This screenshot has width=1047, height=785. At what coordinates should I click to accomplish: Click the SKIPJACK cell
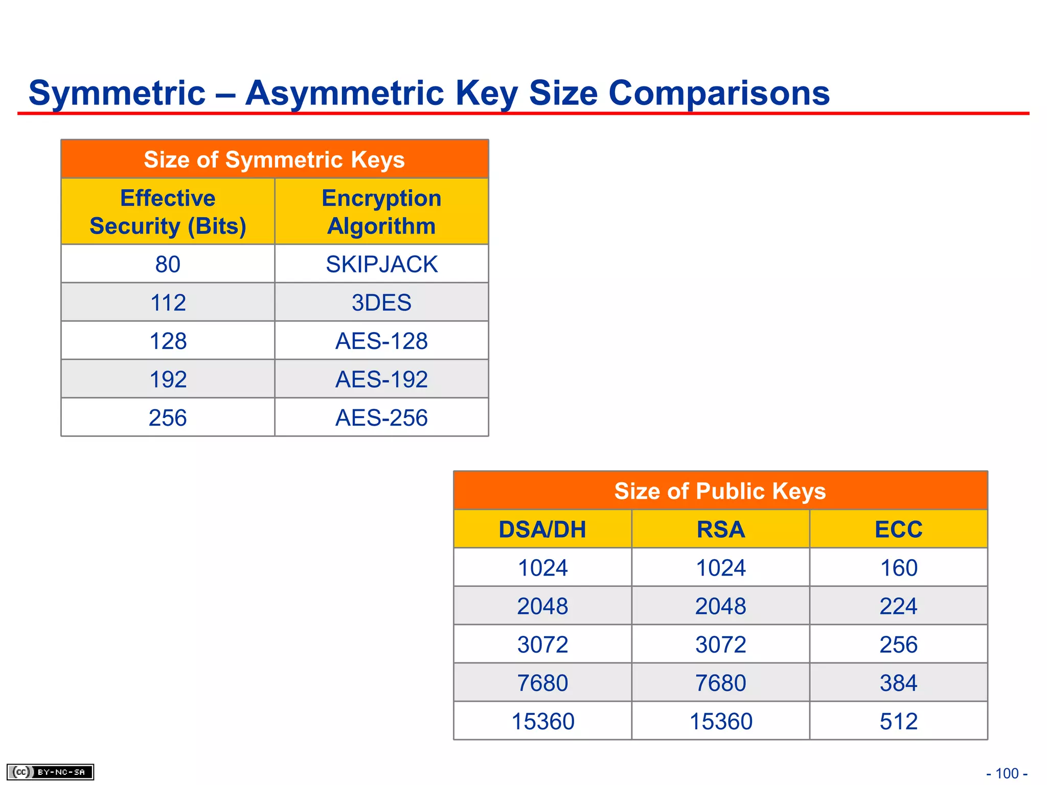pos(381,264)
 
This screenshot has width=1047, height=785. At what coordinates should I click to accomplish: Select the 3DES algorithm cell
pos(381,303)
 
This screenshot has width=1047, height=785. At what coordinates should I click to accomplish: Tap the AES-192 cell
pos(381,379)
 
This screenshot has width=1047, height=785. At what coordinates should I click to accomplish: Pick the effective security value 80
pos(168,264)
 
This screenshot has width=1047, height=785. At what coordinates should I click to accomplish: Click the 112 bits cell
pos(168,303)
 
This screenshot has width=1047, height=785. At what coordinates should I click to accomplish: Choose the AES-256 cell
pos(381,418)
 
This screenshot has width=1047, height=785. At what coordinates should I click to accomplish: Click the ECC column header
pos(898,529)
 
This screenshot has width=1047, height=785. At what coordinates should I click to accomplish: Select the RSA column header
pos(720,529)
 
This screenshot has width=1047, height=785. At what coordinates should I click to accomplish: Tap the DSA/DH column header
pos(542,529)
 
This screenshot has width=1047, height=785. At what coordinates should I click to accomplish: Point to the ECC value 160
pos(898,568)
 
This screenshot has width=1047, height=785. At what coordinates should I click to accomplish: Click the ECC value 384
pos(898,683)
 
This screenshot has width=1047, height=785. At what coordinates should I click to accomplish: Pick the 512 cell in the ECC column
pos(898,721)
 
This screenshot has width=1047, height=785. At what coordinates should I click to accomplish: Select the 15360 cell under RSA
pos(720,721)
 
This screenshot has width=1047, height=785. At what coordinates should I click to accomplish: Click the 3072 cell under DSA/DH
pos(542,644)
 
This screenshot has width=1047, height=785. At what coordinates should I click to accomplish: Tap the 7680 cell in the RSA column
pos(720,683)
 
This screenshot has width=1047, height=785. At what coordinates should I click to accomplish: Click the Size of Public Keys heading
pos(720,491)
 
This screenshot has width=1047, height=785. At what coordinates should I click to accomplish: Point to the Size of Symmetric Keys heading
pos(275,159)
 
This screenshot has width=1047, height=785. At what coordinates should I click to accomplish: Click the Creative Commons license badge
pos(50,772)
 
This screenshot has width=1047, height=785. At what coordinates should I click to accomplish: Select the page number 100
pos(1007,773)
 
